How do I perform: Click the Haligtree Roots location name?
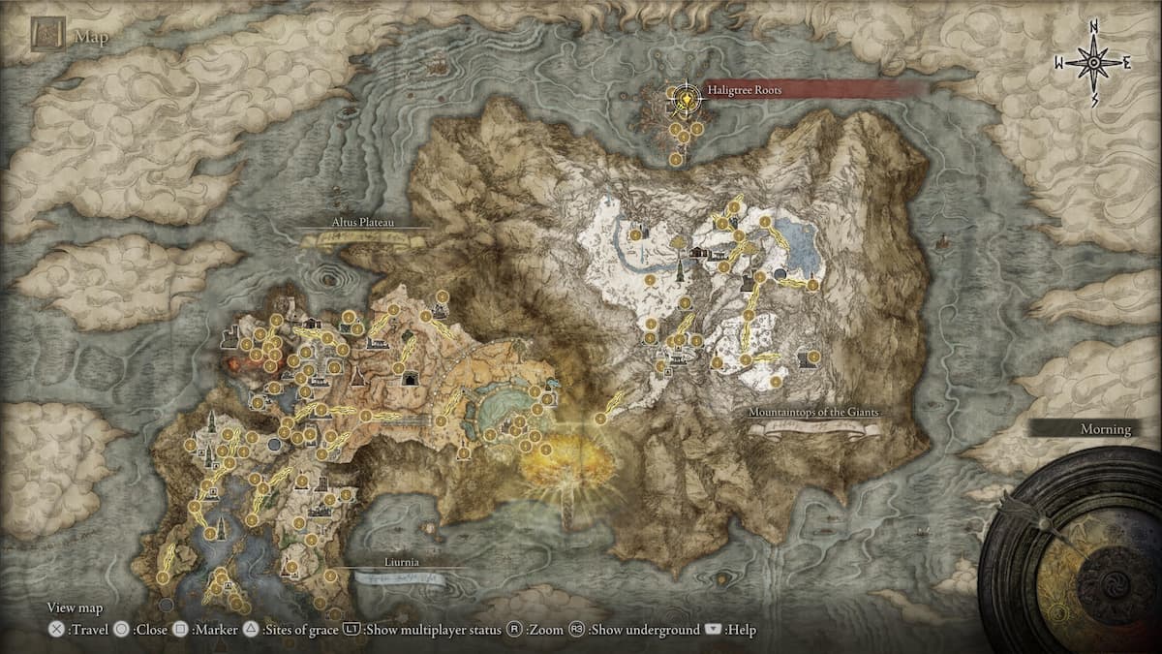(745, 89)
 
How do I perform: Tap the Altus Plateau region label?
(364, 221)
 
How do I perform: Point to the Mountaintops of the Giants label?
(813, 413)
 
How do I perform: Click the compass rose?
(1093, 62)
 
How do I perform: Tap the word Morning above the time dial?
(1106, 429)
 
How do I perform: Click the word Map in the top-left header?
(91, 39)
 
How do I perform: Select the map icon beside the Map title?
(47, 36)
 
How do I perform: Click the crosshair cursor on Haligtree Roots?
(687, 97)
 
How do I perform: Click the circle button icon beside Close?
(121, 630)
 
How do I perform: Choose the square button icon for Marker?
(180, 630)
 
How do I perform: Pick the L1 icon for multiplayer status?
(352, 630)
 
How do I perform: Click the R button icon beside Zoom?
(515, 630)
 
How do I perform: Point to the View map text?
(76, 608)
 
